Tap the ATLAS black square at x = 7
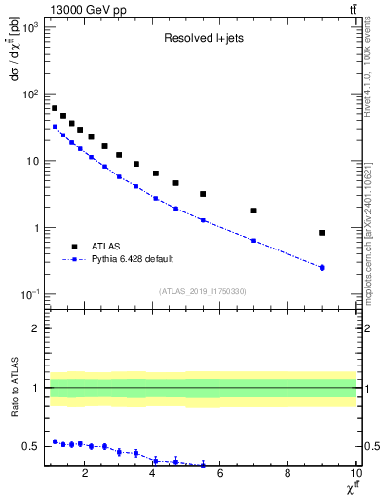(253, 211)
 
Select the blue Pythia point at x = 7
(253, 241)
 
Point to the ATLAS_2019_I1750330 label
(202, 291)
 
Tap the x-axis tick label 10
(355, 475)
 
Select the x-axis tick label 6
(220, 475)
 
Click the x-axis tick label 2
(86, 475)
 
